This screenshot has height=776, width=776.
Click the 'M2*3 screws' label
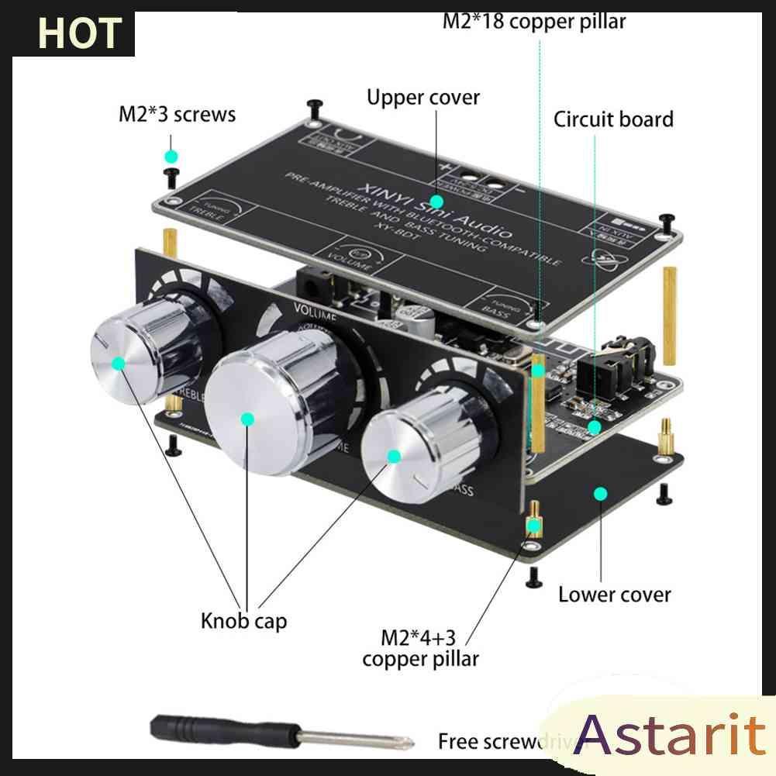pyautogui.click(x=177, y=115)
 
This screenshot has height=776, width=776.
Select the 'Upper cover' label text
pyautogui.click(x=423, y=98)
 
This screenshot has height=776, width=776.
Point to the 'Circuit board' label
pyautogui.click(x=613, y=119)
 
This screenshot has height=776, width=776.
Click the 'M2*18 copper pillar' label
pyautogui.click(x=533, y=20)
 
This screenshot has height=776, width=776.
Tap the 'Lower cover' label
pyautogui.click(x=614, y=595)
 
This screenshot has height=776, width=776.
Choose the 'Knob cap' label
pyautogui.click(x=243, y=620)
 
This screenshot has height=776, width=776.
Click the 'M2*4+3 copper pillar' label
pyautogui.click(x=419, y=648)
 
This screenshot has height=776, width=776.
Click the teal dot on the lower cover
pyautogui.click(x=599, y=493)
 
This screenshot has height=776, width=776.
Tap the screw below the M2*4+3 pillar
pyautogui.click(x=533, y=575)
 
